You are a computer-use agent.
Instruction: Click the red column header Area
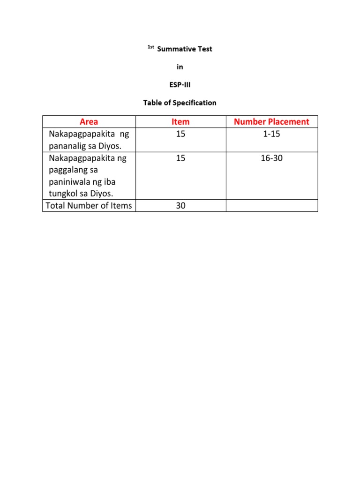[x=89, y=122]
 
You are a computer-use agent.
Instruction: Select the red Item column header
[x=180, y=122]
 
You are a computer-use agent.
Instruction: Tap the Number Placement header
[x=271, y=122]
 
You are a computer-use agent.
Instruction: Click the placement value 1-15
[x=271, y=134]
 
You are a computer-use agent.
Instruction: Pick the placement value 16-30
[x=271, y=158]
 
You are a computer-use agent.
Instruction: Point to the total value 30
[x=180, y=205]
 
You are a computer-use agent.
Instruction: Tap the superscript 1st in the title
[x=151, y=48]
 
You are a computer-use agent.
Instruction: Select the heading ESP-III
[x=180, y=85]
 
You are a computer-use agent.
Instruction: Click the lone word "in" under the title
[x=180, y=67]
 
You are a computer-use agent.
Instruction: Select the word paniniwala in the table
[x=69, y=182]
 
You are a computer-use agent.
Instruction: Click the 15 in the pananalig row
[x=180, y=134]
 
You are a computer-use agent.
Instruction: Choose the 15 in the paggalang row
[x=180, y=158]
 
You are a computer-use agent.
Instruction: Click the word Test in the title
[x=204, y=49]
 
